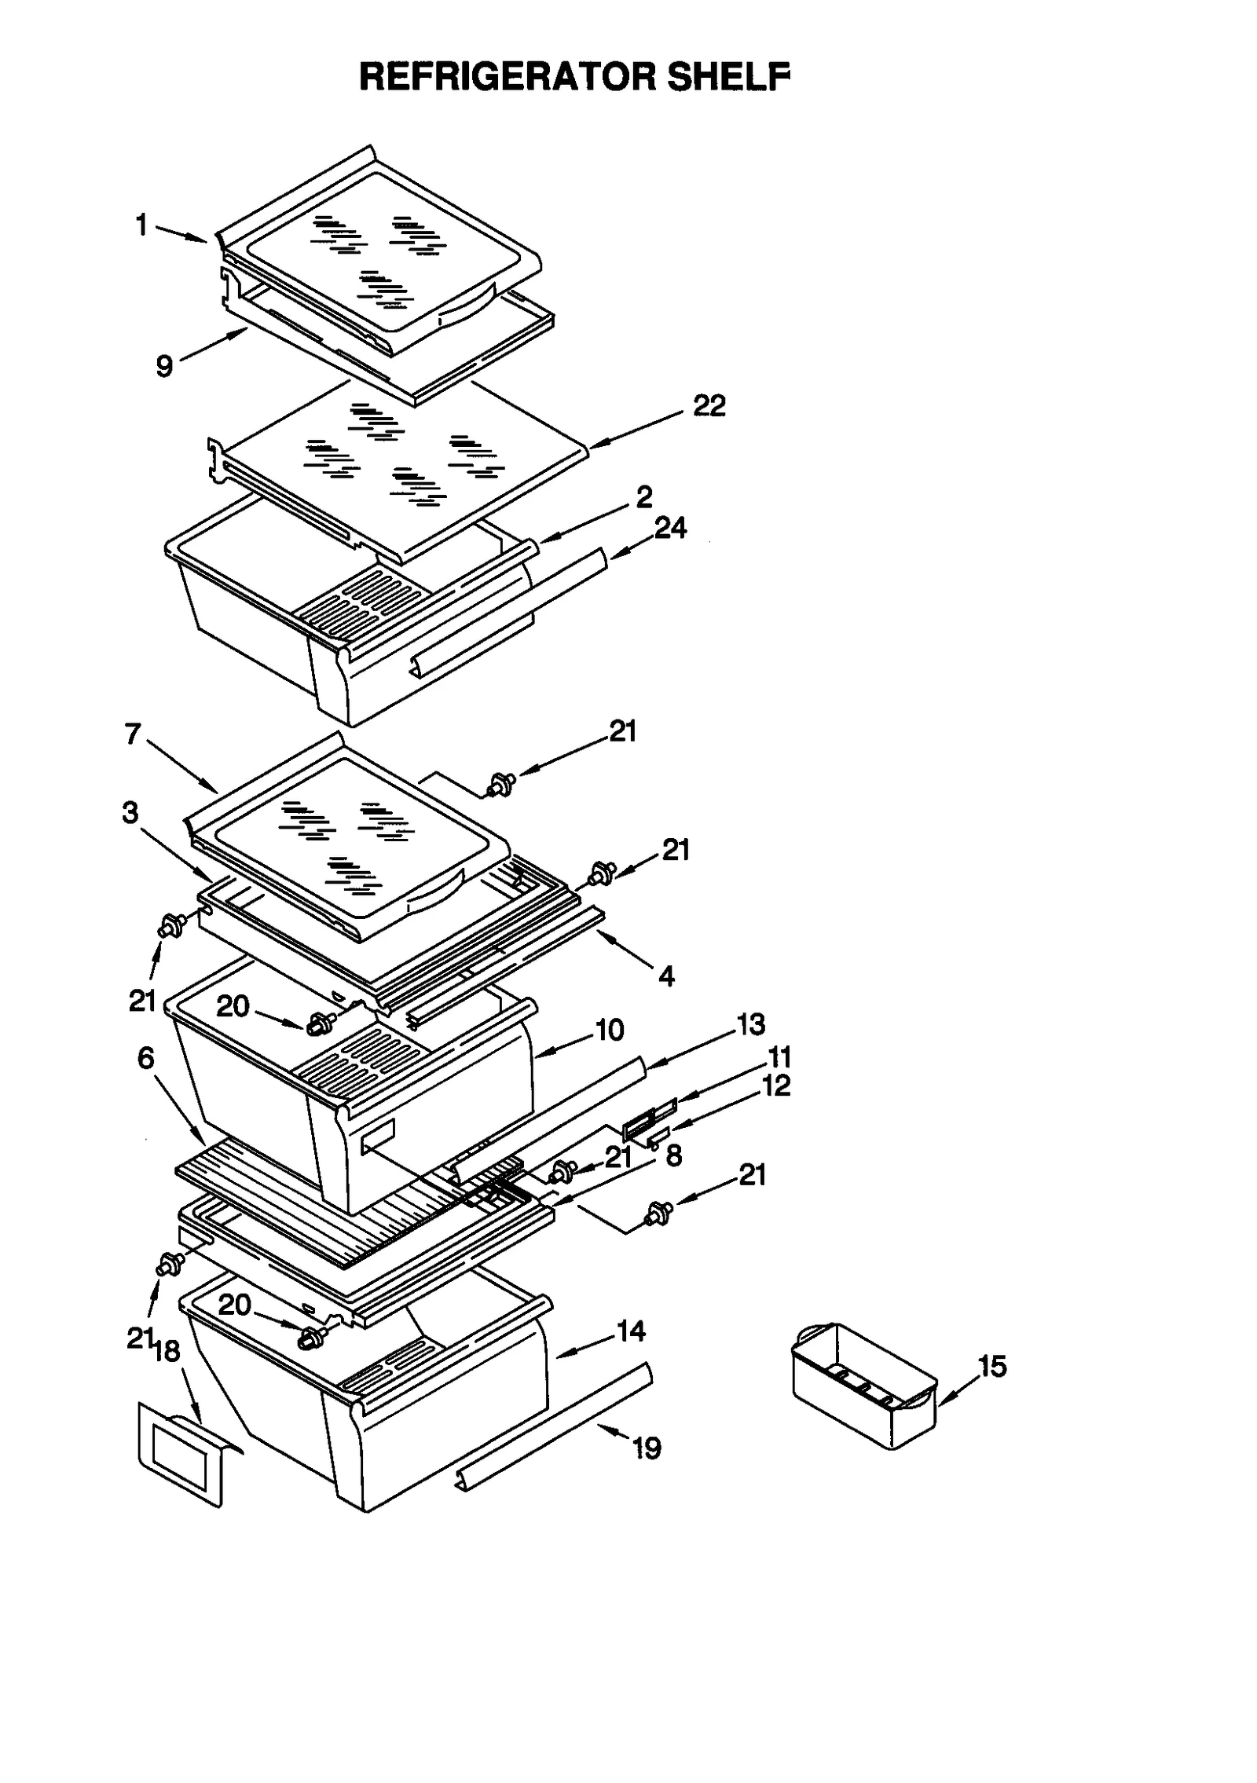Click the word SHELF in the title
point(727,77)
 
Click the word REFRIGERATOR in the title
point(508,77)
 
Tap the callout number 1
point(141,225)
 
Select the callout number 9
point(164,366)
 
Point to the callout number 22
point(709,405)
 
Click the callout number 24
point(670,528)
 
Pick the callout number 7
point(133,734)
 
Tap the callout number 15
point(992,1366)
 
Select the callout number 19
point(647,1448)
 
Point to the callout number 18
point(167,1351)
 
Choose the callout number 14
point(631,1331)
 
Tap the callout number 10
point(610,1030)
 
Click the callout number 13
point(750,1023)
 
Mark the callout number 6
point(146,1058)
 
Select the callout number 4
point(666,976)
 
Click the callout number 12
point(776,1086)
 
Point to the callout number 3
point(130,812)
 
